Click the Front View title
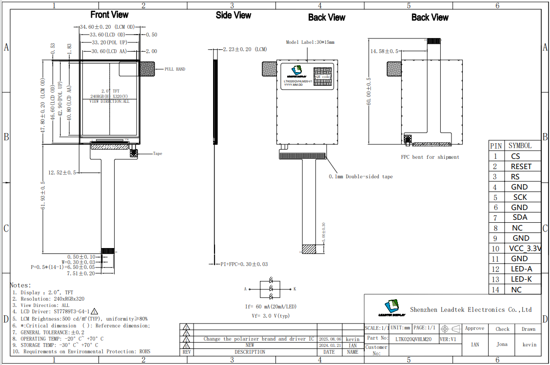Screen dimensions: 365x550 click(x=110, y=15)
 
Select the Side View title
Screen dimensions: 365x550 click(x=234, y=16)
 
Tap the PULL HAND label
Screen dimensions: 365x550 click(x=175, y=69)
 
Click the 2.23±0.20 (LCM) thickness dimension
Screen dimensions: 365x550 click(x=245, y=49)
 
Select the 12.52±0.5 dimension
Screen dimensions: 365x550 click(x=62, y=173)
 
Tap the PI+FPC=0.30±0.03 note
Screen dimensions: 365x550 click(x=244, y=264)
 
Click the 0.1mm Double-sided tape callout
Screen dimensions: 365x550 click(x=360, y=176)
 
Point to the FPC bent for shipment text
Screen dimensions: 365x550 click(x=430, y=157)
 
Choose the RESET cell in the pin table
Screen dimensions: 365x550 click(x=521, y=167)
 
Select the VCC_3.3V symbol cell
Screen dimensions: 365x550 click(x=525, y=249)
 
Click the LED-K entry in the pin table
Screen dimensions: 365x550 click(x=521, y=279)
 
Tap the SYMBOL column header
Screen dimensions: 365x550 click(x=520, y=146)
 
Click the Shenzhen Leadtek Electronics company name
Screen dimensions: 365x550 click(x=471, y=309)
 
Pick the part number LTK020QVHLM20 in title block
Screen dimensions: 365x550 click(x=413, y=339)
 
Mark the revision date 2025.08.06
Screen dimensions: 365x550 click(x=330, y=339)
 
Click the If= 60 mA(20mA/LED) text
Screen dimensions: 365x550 click(x=271, y=307)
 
